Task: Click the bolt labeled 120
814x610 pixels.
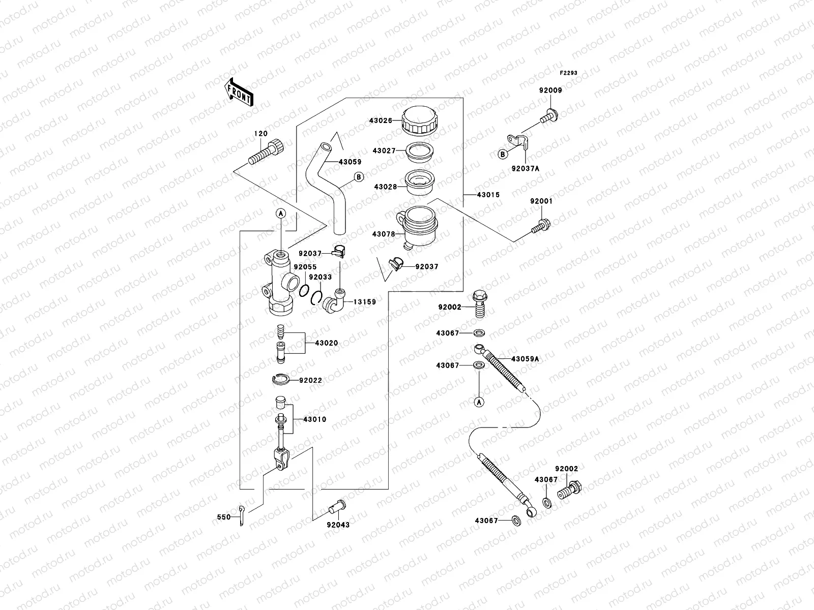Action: pos(266,151)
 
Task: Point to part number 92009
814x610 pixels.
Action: pos(550,90)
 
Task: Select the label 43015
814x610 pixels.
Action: pos(488,195)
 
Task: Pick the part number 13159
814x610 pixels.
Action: pos(365,302)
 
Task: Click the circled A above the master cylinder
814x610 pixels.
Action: pos(280,214)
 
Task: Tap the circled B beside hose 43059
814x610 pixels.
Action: pos(359,177)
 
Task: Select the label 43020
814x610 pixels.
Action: pos(326,343)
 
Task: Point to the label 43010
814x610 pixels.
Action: pos(314,419)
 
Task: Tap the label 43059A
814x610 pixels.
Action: pos(525,359)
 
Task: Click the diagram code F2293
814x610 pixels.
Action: pos(569,73)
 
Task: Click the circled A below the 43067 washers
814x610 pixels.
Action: pos(479,402)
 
